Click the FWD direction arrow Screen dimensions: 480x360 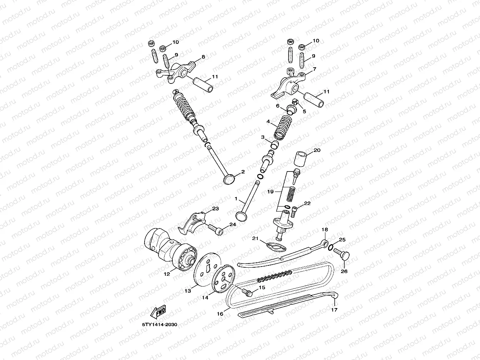tap(158, 312)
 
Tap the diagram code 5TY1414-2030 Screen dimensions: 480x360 tap(160, 325)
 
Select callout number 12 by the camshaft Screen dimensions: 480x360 tap(167, 274)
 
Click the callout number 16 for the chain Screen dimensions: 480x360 tap(220, 314)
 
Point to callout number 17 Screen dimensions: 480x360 tap(334, 310)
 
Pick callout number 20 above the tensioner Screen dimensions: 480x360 tap(317, 150)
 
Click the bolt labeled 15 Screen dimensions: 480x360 tap(247, 292)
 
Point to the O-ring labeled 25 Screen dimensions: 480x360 tap(331, 247)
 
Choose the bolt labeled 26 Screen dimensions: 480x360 tap(342, 255)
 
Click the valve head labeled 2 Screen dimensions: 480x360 tap(229, 180)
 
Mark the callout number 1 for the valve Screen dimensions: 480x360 tap(236, 199)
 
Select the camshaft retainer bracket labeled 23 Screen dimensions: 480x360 tap(192, 223)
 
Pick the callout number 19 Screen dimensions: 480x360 tap(270, 192)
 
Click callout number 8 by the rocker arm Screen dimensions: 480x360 tap(203, 57)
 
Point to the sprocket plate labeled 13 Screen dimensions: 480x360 tap(208, 269)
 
